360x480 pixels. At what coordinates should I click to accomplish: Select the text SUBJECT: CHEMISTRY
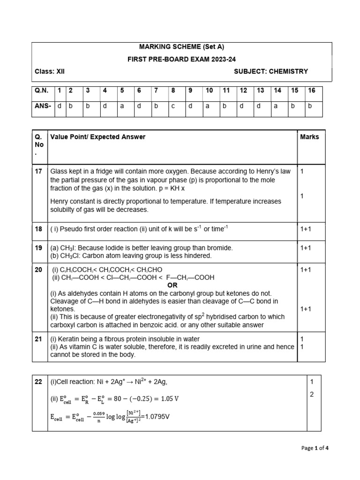(270, 72)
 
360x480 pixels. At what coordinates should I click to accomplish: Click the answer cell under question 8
(172, 106)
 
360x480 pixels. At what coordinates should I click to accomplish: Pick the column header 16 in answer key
(311, 90)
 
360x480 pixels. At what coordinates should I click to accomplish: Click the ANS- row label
(43, 106)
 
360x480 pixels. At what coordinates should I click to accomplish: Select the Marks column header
(309, 137)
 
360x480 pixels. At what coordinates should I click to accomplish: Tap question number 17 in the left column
(38, 172)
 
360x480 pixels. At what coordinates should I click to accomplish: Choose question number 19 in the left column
(38, 247)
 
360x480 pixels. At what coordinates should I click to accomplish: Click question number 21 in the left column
(38, 338)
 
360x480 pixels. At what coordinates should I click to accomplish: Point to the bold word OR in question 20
(172, 285)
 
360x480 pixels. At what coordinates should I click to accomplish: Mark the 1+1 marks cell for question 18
(306, 229)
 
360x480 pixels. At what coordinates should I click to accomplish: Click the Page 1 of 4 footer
(315, 448)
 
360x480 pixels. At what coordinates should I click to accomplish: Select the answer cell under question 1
(60, 106)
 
